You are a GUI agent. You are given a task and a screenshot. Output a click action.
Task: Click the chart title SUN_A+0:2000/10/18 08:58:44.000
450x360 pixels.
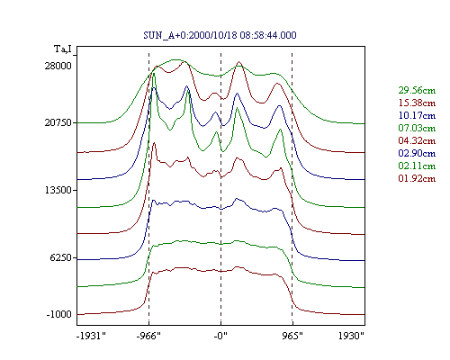click(x=220, y=35)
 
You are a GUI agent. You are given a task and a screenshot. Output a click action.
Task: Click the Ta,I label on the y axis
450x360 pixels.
click(x=63, y=49)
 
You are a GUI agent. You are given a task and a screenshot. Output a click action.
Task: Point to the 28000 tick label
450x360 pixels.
click(x=58, y=66)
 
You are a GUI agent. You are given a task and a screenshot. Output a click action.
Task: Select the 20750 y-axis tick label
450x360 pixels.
click(x=58, y=122)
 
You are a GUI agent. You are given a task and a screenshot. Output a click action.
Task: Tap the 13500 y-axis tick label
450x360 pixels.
click(x=58, y=190)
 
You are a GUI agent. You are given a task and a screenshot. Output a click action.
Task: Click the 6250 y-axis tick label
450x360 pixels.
click(x=61, y=257)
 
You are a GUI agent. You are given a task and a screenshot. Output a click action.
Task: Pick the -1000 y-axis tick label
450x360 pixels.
click(x=59, y=314)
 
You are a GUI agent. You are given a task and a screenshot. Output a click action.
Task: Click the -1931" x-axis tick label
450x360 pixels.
click(x=92, y=336)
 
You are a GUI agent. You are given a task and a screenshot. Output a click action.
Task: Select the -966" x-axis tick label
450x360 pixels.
click(x=148, y=336)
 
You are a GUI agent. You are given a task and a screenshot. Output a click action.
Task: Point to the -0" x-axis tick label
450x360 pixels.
click(x=220, y=336)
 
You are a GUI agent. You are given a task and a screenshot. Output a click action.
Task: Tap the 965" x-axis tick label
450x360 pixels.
click(x=292, y=336)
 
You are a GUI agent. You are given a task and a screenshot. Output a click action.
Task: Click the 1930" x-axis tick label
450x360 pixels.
click(x=351, y=336)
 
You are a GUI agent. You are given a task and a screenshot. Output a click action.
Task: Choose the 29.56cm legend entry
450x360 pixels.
click(x=417, y=90)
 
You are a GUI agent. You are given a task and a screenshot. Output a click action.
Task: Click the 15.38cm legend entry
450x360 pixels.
click(x=417, y=103)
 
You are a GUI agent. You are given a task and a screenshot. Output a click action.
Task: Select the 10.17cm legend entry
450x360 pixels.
click(x=417, y=115)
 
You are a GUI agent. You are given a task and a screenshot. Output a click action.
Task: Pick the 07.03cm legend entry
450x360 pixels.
click(x=417, y=128)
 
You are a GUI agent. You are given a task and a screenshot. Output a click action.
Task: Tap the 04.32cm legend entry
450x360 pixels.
click(x=417, y=140)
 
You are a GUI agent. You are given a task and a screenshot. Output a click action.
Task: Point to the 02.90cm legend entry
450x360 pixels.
click(x=417, y=153)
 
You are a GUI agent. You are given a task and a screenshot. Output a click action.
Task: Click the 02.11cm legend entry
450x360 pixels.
click(x=417, y=166)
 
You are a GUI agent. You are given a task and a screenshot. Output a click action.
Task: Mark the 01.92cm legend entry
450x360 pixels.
click(x=417, y=178)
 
